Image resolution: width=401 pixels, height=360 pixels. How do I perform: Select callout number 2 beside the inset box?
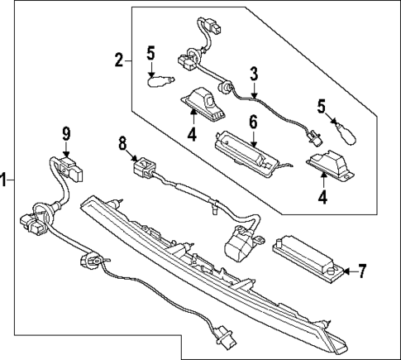pyautogui.click(x=119, y=60)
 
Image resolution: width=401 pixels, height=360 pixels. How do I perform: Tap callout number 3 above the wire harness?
pyautogui.click(x=254, y=74)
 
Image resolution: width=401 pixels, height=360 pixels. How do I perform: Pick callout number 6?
pyautogui.click(x=253, y=122)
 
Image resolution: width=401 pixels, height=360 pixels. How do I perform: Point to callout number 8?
pyautogui.click(x=122, y=144)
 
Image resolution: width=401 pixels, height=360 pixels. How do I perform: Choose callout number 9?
pyautogui.click(x=66, y=134)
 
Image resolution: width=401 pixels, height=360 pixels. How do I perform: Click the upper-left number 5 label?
pyautogui.click(x=150, y=53)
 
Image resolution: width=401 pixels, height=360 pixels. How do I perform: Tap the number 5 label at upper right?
pyautogui.click(x=321, y=107)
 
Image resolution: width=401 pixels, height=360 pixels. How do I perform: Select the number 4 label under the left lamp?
pyautogui.click(x=192, y=134)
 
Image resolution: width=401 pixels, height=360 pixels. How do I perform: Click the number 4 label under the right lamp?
pyautogui.click(x=322, y=197)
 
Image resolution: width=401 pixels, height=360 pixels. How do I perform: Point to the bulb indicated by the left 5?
pyautogui.click(x=160, y=82)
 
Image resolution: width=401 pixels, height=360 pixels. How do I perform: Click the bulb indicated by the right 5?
pyautogui.click(x=346, y=135)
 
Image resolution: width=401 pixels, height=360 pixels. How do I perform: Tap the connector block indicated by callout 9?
pyautogui.click(x=71, y=170)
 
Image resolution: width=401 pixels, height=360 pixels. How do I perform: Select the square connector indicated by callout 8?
pyautogui.click(x=144, y=167)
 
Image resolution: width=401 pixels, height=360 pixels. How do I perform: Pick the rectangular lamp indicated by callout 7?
pyautogui.click(x=308, y=258)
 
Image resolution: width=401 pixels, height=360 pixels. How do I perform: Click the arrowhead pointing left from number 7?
pyautogui.click(x=346, y=271)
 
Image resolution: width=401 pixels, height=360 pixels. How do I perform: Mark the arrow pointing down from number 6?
pyautogui.click(x=254, y=138)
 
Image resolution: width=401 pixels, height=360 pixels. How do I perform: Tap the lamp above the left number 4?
pyautogui.click(x=203, y=104)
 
